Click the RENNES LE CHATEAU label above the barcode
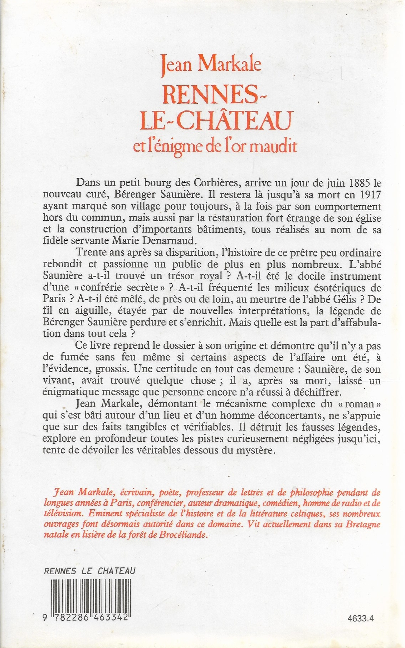click(x=89, y=571)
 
